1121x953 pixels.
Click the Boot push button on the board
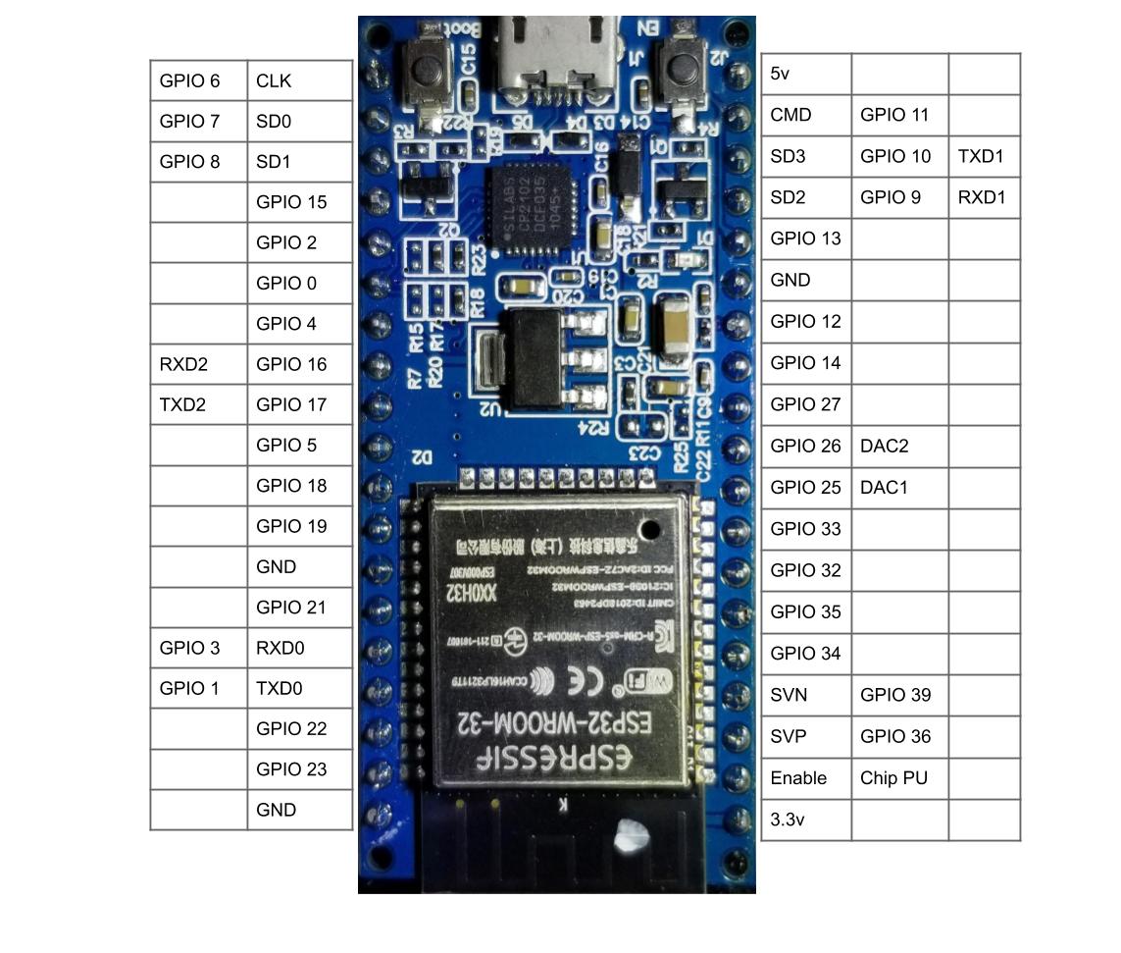tap(428, 72)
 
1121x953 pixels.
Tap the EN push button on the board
tap(682, 70)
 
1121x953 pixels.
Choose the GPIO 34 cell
tap(805, 654)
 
